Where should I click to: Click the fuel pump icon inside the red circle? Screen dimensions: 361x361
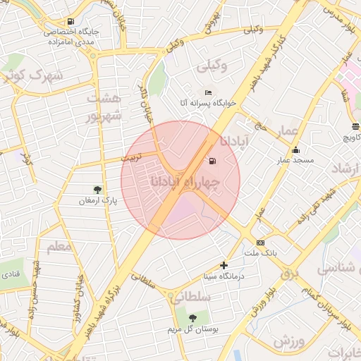[x=212, y=160]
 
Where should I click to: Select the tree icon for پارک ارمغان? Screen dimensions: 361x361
[x=97, y=190]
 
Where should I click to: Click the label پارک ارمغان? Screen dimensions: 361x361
[x=98, y=201]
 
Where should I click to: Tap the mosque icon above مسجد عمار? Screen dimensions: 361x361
[x=295, y=149]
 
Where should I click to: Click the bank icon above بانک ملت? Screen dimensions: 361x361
[x=261, y=243]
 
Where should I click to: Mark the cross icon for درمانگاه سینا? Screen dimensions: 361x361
[x=224, y=266]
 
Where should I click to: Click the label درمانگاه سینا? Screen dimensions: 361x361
[x=224, y=276]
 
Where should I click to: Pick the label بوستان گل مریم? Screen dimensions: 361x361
[x=193, y=329]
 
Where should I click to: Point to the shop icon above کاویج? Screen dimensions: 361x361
[x=355, y=128]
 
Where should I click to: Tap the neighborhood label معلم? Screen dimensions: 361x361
[x=59, y=247]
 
